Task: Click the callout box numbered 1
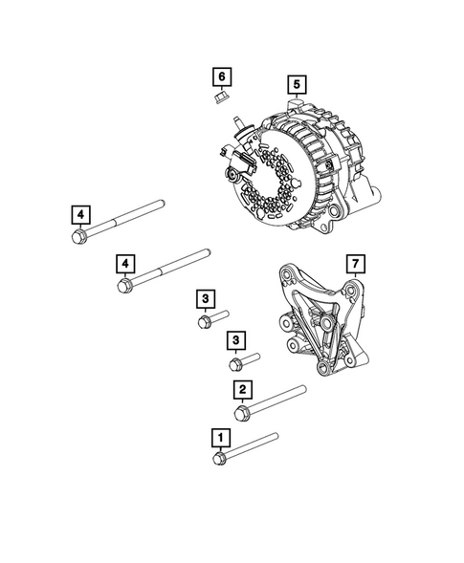221,438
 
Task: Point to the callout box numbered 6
221,75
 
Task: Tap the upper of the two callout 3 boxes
205,300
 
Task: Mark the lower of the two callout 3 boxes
234,340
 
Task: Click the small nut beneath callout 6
220,97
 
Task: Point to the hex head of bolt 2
243,411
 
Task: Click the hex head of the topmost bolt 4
77,235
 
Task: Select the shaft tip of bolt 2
302,389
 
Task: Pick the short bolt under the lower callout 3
243,361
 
